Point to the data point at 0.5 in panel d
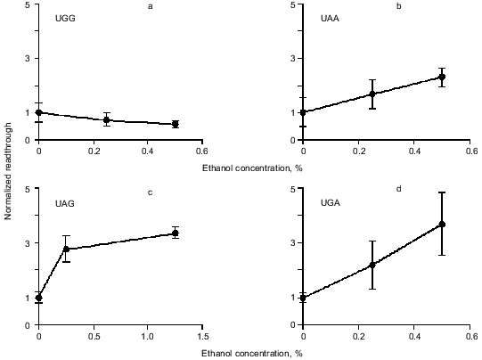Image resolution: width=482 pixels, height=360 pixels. coord(442,225)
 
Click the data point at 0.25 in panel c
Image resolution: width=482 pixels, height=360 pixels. coord(66,250)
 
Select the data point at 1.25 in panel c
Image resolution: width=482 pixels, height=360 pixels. coord(175,233)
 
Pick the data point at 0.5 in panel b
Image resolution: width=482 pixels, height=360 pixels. coord(442,77)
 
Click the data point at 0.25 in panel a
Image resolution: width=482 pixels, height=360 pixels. coord(107,119)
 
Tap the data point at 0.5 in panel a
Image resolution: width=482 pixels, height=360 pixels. coord(175,124)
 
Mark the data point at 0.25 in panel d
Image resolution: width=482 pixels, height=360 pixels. coord(372,265)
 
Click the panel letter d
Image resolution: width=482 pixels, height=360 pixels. coord(398,188)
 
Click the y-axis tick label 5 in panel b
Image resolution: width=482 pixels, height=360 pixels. coord(290,5)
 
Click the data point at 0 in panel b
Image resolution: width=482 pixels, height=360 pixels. coord(303,112)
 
